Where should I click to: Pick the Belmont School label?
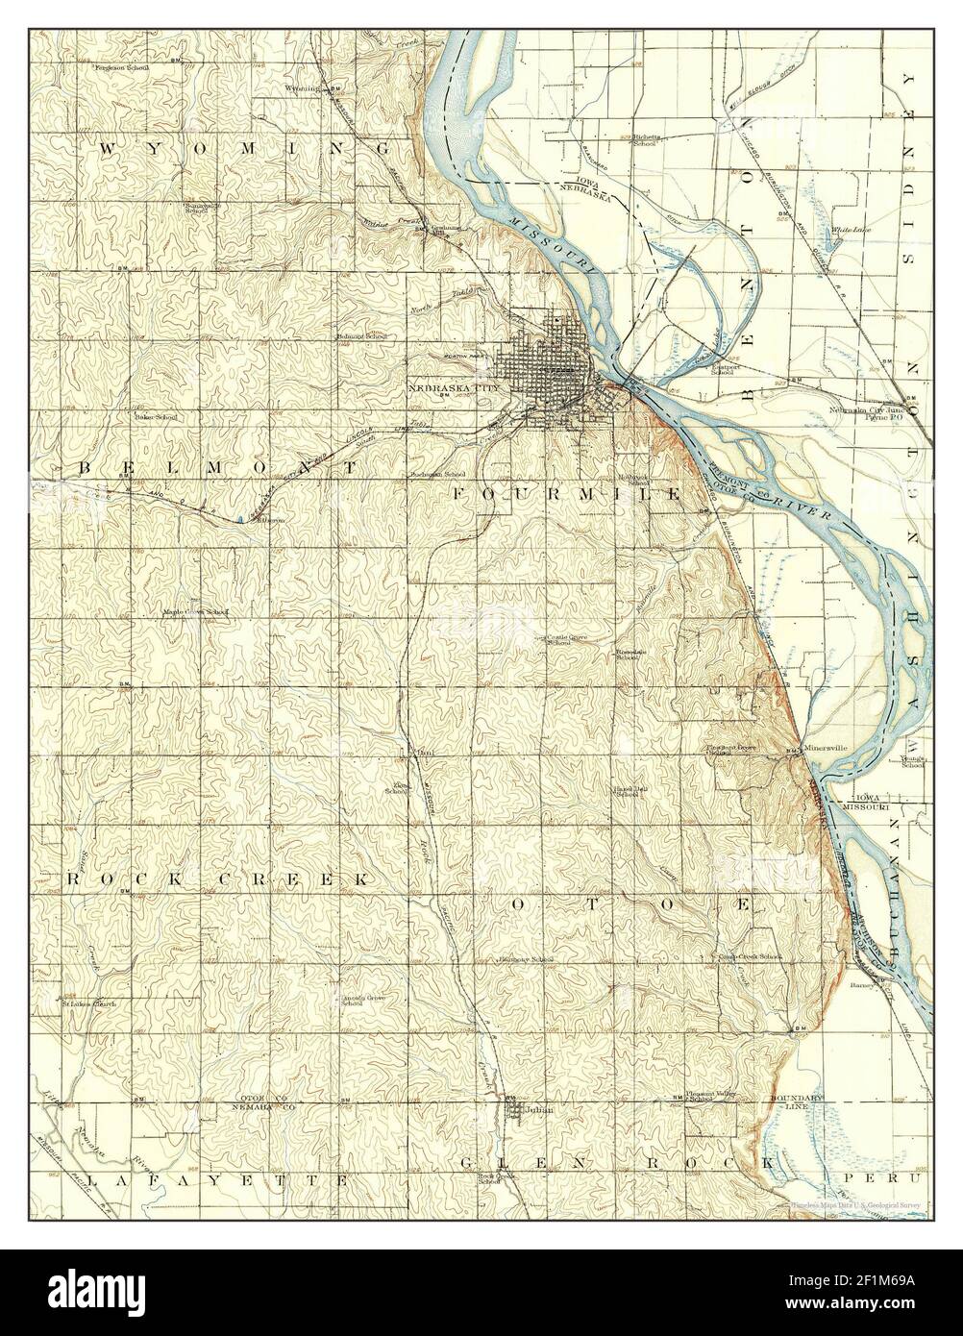(361, 336)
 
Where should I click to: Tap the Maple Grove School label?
(195, 611)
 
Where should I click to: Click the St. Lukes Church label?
(88, 1004)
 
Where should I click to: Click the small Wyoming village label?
(302, 88)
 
